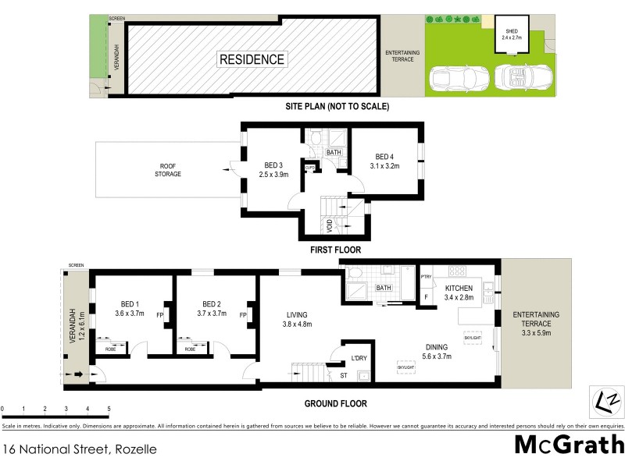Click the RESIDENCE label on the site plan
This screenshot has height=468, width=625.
point(252,59)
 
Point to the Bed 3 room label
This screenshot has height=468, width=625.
point(273,165)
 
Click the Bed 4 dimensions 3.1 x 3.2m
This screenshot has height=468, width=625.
point(384,166)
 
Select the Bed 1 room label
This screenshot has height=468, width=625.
point(130,304)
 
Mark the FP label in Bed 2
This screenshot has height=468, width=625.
point(242,315)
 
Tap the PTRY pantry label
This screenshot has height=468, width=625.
point(426,276)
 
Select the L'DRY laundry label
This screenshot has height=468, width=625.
point(359,357)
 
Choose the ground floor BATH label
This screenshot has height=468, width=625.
point(383,288)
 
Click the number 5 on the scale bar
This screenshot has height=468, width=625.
point(109,409)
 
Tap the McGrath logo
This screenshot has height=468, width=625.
point(569,444)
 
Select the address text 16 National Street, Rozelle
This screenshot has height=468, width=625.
point(80,449)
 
